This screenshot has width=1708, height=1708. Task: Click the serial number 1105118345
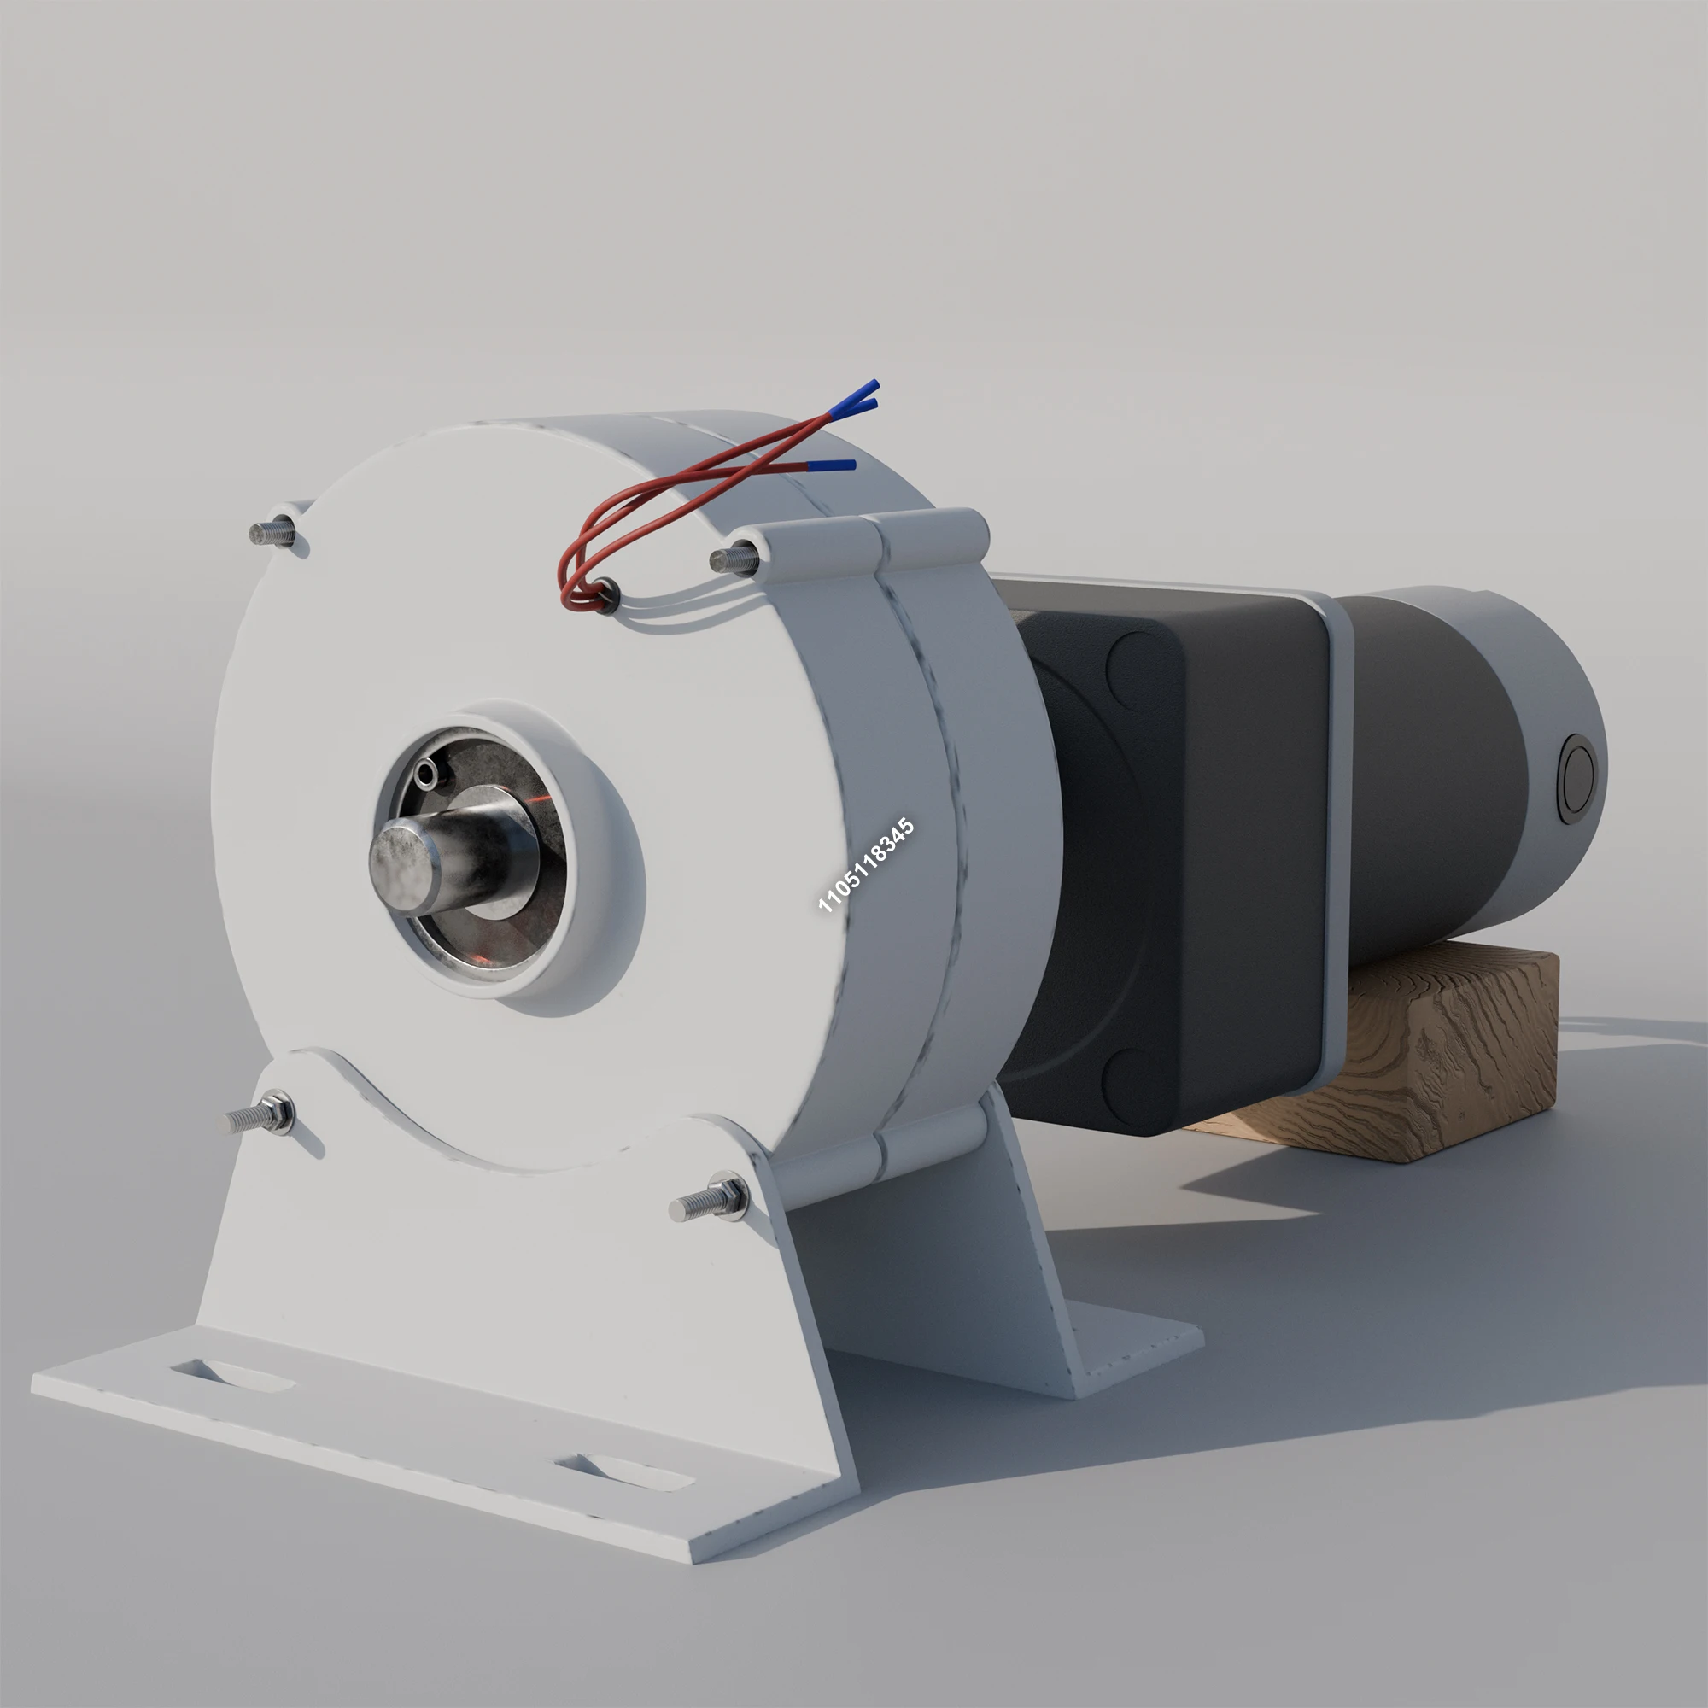pos(865,865)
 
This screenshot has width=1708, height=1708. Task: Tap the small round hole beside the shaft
pos(430,775)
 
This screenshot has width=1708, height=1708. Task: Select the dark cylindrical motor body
pos(1432,778)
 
